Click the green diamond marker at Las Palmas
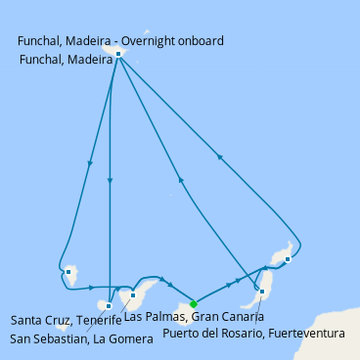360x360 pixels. click(194, 304)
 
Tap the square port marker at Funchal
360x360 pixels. click(118, 54)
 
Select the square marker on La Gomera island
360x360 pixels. click(109, 306)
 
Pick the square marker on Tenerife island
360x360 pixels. click(133, 295)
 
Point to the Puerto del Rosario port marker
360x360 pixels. click(262, 292)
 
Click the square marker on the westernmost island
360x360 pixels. click(68, 272)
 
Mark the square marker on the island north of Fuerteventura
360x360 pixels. click(288, 259)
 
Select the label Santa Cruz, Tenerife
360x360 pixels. click(67, 320)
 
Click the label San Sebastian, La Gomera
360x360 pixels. click(81, 339)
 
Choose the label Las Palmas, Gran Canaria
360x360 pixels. click(194, 317)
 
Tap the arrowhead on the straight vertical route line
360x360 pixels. click(111, 181)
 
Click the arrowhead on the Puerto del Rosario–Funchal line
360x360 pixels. click(180, 180)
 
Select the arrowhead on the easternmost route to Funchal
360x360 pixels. click(220, 157)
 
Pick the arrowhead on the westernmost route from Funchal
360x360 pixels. click(90, 163)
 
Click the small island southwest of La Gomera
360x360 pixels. click(61, 327)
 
